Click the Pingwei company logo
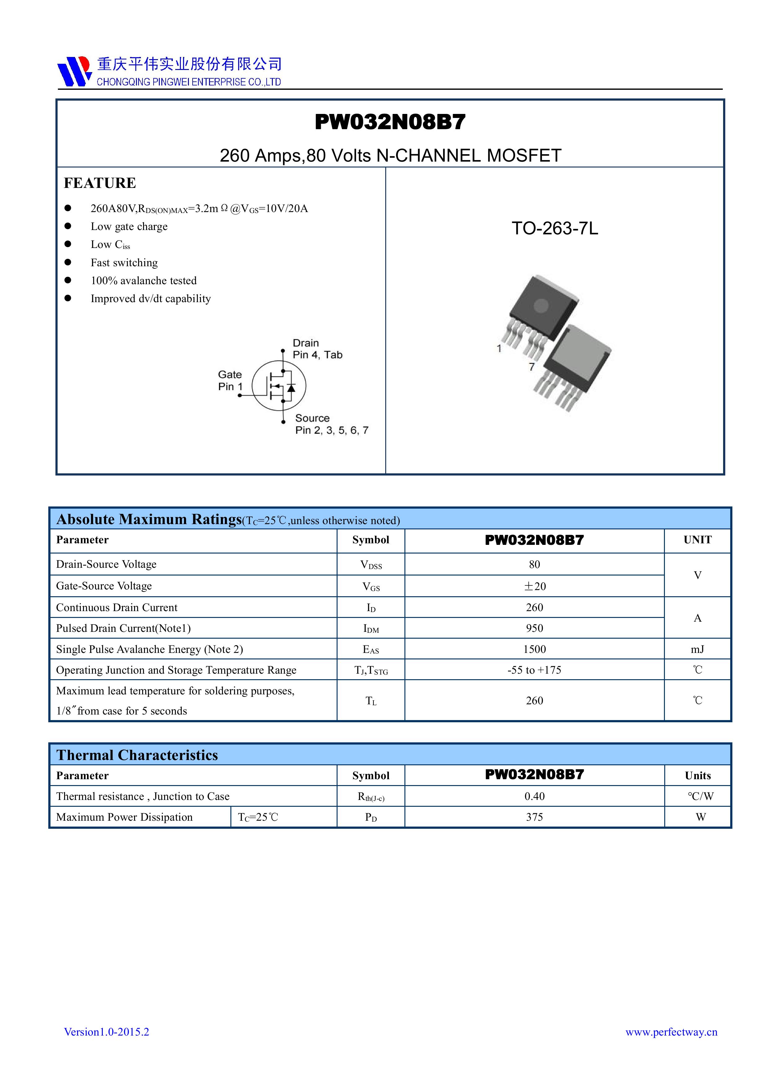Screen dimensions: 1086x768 [x=74, y=72]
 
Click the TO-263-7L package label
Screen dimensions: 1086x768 [x=555, y=228]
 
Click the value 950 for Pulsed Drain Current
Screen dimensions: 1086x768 [x=534, y=628]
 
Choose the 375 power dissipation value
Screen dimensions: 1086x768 [x=534, y=817]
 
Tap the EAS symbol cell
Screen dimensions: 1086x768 [x=370, y=650]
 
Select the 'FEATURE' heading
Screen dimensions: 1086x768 [x=100, y=183]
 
